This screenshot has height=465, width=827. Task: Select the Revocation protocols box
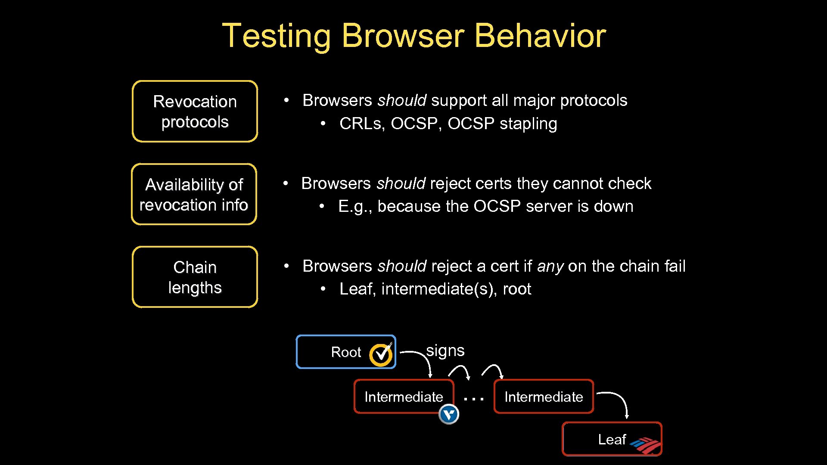tap(195, 112)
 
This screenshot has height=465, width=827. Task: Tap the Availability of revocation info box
tap(194, 195)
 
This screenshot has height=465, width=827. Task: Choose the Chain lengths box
tap(195, 277)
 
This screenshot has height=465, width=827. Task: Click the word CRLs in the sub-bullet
tap(361, 124)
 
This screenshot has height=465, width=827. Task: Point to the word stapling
tap(528, 124)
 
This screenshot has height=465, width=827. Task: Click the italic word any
tap(550, 267)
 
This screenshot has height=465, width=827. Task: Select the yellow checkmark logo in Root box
tap(381, 354)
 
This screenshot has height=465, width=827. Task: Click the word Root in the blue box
tap(346, 352)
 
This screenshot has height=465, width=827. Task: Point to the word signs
tap(445, 350)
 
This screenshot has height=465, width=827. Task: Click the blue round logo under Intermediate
tap(449, 415)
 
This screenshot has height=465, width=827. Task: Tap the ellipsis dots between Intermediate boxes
tap(473, 399)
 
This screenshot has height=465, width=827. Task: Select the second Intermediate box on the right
tap(544, 397)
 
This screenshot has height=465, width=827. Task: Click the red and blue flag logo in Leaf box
tap(645, 445)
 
